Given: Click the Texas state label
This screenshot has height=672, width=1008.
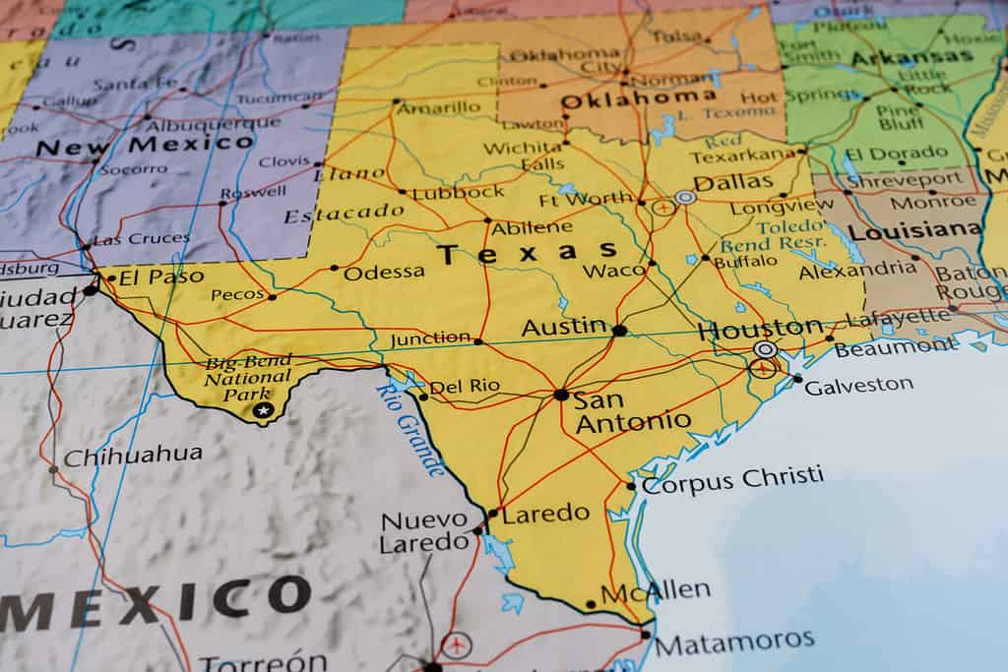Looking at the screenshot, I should point(528,254).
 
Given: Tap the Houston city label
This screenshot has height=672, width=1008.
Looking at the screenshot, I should point(760,329).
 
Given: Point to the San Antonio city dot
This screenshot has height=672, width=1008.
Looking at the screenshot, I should point(561,395).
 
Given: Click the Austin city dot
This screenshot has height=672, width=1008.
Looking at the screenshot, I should point(619,331).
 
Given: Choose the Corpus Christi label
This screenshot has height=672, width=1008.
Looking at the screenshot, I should point(732,479).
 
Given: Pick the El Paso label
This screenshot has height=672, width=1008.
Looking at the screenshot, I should point(161,276).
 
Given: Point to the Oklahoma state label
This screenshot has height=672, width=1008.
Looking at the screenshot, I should point(638,99).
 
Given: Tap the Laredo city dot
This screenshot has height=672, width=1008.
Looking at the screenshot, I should point(492,513).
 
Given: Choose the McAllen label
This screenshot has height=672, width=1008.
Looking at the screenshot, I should point(656,591).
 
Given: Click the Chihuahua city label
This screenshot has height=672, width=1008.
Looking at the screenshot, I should point(133,456).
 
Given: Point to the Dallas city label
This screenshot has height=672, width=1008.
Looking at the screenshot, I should point(733,182).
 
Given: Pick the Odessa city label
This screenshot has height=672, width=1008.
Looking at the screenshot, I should point(384,273).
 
